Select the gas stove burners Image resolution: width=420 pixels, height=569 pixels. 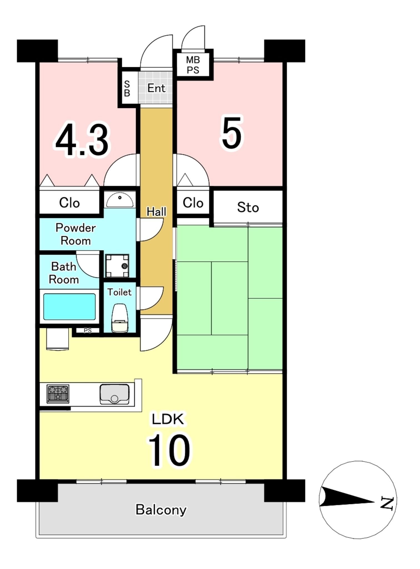click(x=58, y=394)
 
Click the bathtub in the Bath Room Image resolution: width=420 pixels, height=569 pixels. click(x=69, y=306)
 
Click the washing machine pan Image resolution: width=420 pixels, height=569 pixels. click(x=117, y=266)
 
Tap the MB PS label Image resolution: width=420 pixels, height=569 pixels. click(x=193, y=65)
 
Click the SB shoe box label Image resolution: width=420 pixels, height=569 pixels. click(x=127, y=88)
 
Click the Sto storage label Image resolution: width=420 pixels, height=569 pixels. click(x=248, y=207)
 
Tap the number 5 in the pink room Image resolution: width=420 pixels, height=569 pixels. click(x=232, y=133)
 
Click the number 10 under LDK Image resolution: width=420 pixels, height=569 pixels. click(x=169, y=450)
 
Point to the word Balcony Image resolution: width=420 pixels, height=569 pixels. click(x=161, y=510)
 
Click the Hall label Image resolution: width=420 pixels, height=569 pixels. click(x=156, y=212)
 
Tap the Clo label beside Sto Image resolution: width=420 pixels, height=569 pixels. click(x=193, y=203)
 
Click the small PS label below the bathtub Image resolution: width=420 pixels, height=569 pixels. click(x=88, y=331)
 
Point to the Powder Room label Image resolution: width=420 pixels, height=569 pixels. click(x=76, y=234)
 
